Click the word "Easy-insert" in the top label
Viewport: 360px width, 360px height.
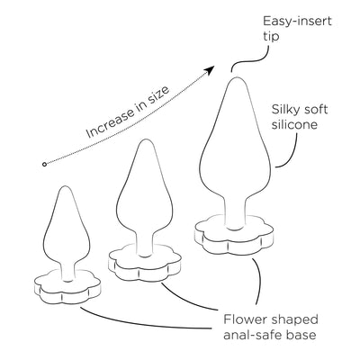(297, 22)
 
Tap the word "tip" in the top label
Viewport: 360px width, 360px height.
(271, 36)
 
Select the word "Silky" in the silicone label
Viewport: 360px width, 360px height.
(284, 110)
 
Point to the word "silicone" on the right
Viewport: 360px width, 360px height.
(294, 124)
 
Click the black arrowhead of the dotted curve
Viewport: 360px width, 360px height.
(210, 70)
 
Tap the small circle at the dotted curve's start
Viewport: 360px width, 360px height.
(44, 164)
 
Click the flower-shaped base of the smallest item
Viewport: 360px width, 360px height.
(67, 289)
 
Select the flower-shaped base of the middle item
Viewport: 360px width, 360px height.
(145, 265)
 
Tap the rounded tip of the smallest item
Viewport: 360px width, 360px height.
(64, 187)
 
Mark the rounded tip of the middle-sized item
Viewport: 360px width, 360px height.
(145, 141)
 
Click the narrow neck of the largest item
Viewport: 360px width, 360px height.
(237, 213)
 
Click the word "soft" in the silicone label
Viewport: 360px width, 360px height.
(315, 109)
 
